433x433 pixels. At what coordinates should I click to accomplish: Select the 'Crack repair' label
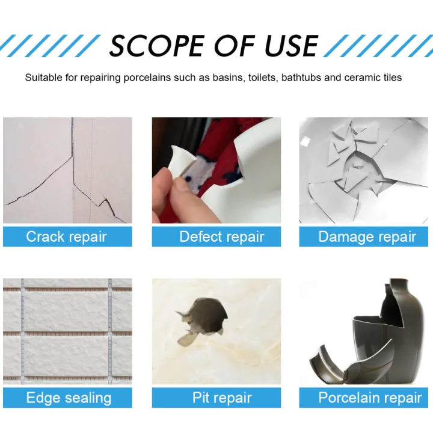pos(67,236)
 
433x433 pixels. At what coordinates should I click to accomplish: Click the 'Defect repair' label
pos(221,236)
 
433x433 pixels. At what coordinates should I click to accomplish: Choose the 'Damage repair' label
pos(366,236)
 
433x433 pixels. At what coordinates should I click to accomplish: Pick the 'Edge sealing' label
pos(68,397)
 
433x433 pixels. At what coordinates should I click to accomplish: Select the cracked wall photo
pos(67,170)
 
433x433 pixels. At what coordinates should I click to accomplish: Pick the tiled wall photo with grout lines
pos(67,331)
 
